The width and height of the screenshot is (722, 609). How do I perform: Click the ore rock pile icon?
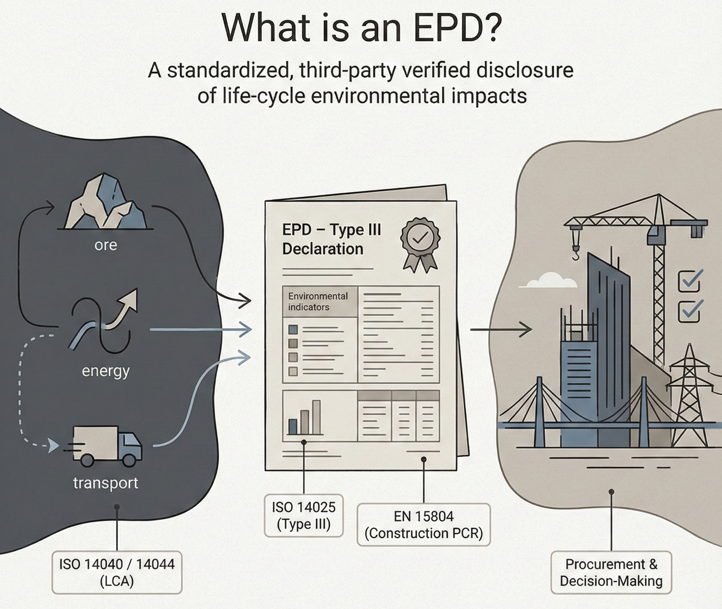click(x=106, y=202)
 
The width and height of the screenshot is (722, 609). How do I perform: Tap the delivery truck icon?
click(x=106, y=446)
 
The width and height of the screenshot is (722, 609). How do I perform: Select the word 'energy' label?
click(x=106, y=370)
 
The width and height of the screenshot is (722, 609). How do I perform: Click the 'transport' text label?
click(x=105, y=483)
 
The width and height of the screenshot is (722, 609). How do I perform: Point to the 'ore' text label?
click(x=106, y=245)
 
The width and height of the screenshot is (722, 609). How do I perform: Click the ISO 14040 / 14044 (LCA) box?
click(x=117, y=572)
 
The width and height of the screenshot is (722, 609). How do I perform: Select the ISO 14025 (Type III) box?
click(x=304, y=516)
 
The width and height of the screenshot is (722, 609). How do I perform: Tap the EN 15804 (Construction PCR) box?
click(x=424, y=525)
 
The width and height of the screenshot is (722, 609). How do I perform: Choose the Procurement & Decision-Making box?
click(x=611, y=572)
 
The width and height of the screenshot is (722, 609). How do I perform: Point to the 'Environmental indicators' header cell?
click(x=319, y=301)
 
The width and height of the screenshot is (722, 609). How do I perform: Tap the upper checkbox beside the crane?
click(x=690, y=280)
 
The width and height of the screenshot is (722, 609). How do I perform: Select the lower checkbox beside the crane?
click(x=690, y=310)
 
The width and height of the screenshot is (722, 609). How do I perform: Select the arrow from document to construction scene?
click(x=501, y=330)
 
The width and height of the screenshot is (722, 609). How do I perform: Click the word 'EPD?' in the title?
click(x=457, y=28)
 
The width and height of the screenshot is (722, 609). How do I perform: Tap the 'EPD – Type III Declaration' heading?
click(x=331, y=239)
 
